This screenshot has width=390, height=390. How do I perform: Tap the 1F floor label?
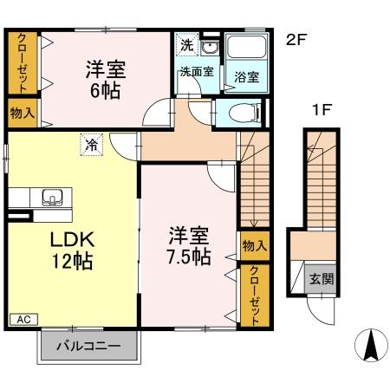coord(323,110)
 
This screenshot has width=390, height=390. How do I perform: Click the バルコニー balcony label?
coord(87,348)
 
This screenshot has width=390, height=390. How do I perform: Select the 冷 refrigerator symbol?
coord(91,145)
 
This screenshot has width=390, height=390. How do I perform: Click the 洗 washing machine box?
coord(186,44)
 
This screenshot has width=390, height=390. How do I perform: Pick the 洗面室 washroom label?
coord(196,72)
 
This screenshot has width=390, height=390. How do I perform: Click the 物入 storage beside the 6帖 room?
coord(23,112)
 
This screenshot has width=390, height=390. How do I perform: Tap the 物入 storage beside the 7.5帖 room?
coord(253,246)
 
